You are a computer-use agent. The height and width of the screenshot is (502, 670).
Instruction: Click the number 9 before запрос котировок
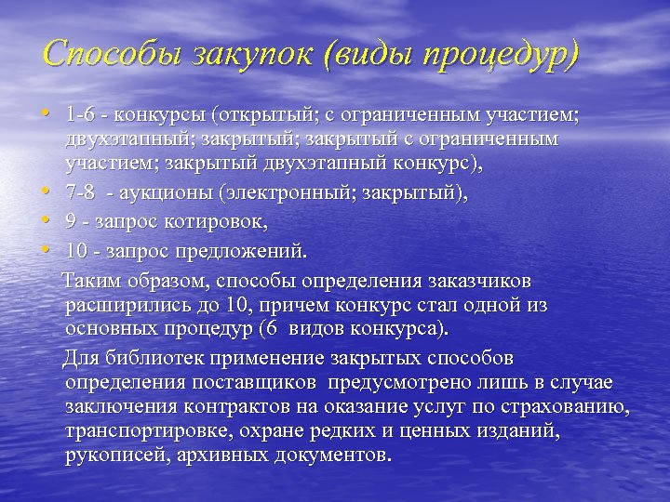[x=71, y=223]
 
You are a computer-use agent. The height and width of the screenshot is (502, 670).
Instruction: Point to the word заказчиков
[x=476, y=281]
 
